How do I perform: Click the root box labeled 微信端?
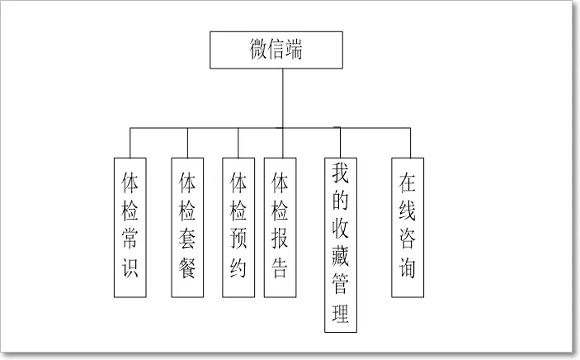point(276,50)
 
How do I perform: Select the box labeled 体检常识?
point(130,227)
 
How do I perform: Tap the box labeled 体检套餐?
point(187,227)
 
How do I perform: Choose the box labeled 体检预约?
point(238,227)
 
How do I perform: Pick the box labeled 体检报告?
point(280,227)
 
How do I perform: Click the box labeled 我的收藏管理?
point(341,244)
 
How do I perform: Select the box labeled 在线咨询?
point(408,227)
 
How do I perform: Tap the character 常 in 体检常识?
point(130,239)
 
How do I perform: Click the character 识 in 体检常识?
point(130,268)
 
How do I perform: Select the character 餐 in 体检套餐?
point(187,268)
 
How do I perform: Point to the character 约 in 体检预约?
point(238,268)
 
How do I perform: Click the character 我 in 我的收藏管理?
point(341,174)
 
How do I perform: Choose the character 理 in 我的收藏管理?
point(341,313)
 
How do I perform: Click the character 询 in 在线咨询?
point(408,268)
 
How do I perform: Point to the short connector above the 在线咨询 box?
point(408,142)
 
